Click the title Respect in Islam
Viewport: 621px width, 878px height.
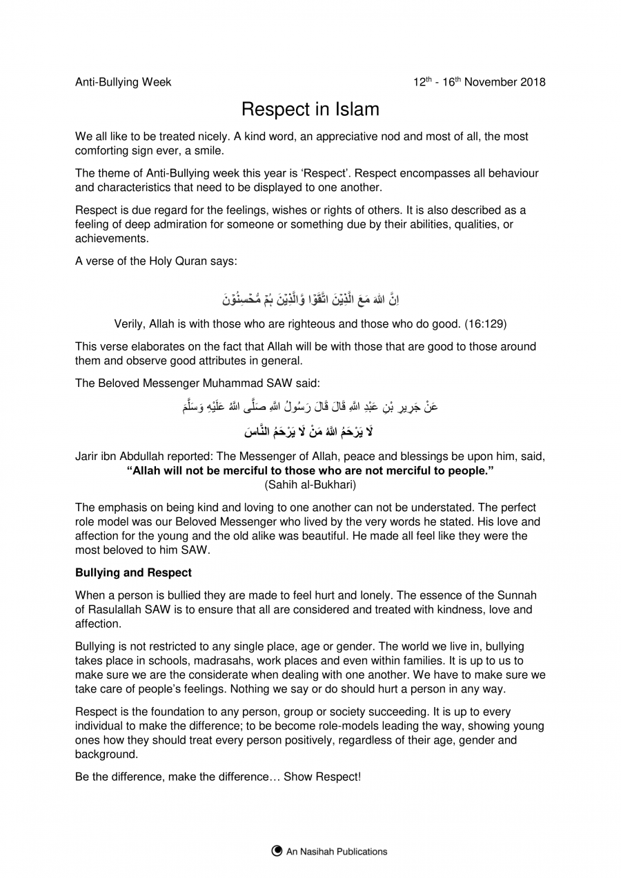[x=310, y=109]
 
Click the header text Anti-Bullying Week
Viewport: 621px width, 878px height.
[x=123, y=82]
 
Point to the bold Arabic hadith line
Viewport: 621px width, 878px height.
[x=310, y=432]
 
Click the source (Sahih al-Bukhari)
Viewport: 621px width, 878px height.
[x=310, y=484]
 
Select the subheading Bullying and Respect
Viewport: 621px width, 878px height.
[x=133, y=572]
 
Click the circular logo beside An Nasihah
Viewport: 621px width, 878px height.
[x=277, y=851]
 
